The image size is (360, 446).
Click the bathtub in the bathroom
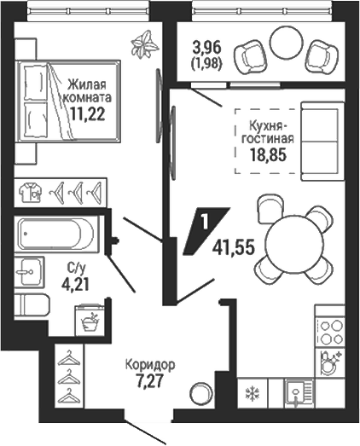[57, 234]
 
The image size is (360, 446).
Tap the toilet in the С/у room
[32, 304]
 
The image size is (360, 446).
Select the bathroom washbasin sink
[30, 272]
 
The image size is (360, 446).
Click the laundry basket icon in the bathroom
[90, 321]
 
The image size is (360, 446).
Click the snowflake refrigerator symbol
[253, 394]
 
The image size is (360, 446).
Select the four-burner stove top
[331, 332]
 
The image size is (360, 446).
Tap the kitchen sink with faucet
[299, 394]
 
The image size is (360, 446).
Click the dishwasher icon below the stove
[331, 362]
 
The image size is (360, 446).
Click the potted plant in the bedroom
[144, 44]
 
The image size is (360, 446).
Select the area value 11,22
[88, 114]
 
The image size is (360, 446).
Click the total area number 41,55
[233, 248]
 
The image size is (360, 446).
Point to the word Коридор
[150, 365]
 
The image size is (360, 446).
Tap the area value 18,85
[268, 155]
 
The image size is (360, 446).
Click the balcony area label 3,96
[206, 48]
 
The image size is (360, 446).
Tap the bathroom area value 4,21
[76, 285]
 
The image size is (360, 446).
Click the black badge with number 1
[206, 231]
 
